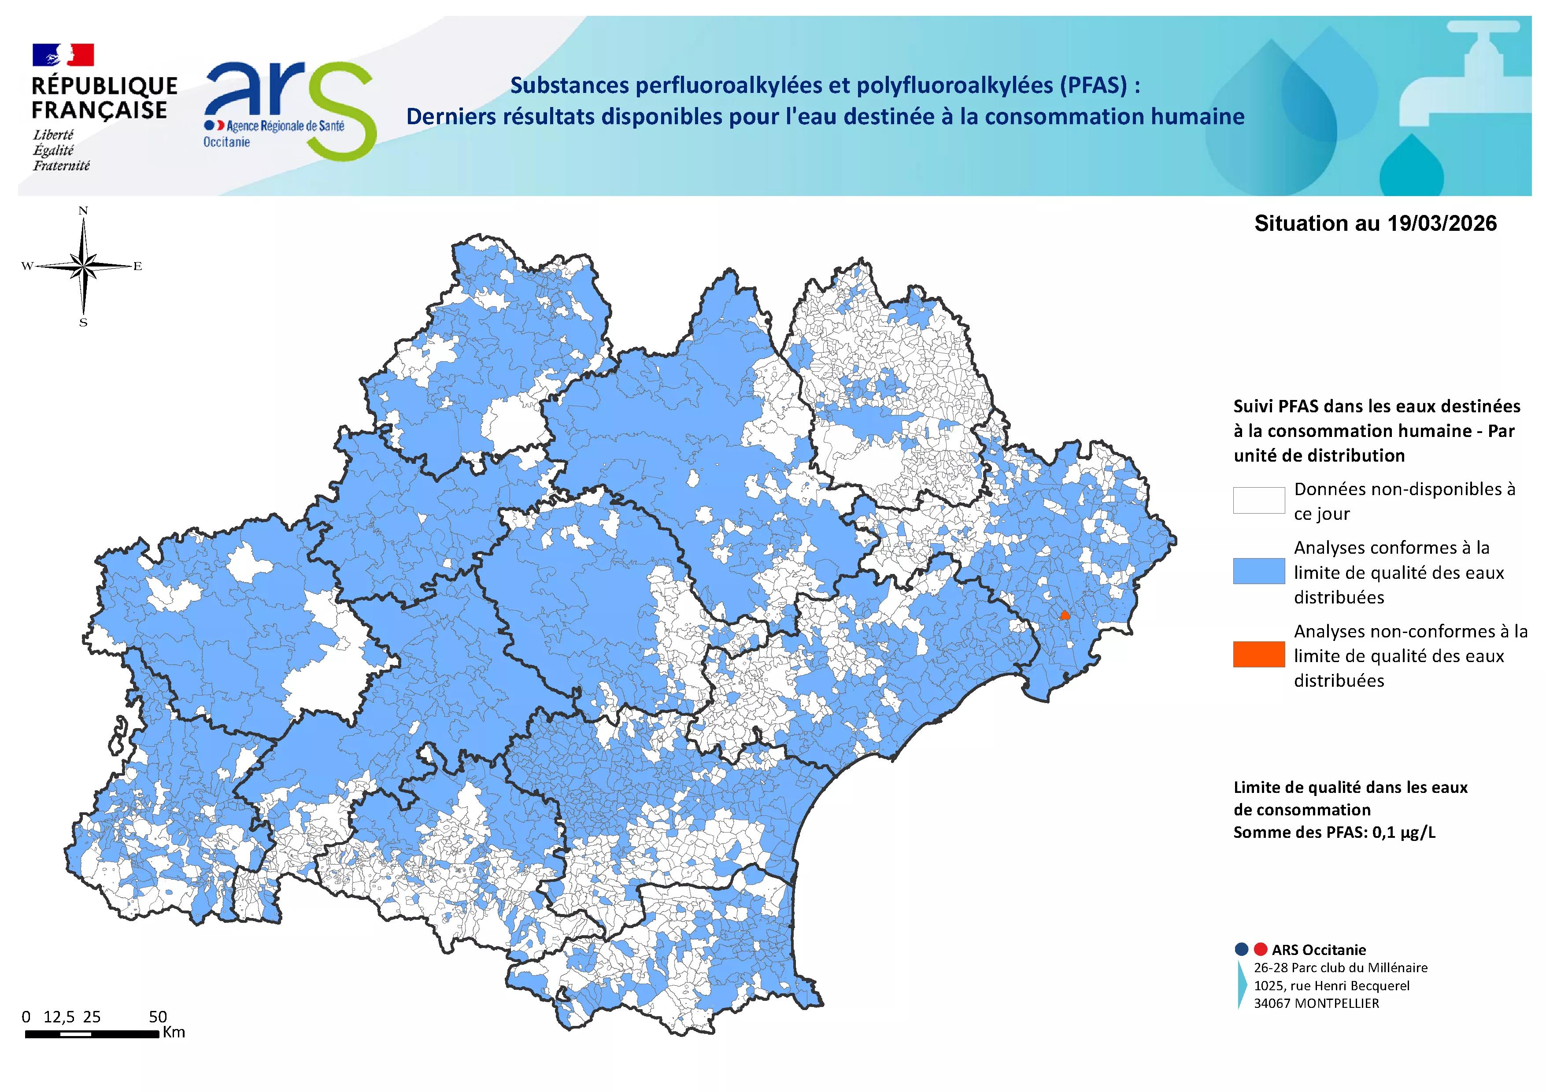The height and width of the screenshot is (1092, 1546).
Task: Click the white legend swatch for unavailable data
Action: [x=1258, y=500]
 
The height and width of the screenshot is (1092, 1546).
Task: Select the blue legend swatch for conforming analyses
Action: [x=1258, y=571]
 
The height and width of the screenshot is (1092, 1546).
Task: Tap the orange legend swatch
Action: [x=1258, y=655]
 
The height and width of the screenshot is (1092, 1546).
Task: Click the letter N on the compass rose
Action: [x=84, y=211]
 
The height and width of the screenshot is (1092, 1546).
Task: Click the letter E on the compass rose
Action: [x=137, y=267]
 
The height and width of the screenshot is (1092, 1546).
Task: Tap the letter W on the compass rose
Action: [x=27, y=267]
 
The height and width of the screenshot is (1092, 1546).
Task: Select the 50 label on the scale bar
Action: [x=158, y=1017]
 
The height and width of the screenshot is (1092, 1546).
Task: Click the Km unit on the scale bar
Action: [x=174, y=1032]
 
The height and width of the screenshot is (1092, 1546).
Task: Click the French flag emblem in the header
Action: [x=63, y=55]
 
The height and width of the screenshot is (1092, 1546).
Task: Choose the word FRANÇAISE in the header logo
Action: [x=99, y=110]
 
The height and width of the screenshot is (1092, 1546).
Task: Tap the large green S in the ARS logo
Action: [x=344, y=111]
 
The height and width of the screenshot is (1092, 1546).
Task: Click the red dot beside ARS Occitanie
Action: [x=1261, y=949]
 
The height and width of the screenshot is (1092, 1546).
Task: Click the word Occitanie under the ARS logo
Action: [x=227, y=142]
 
